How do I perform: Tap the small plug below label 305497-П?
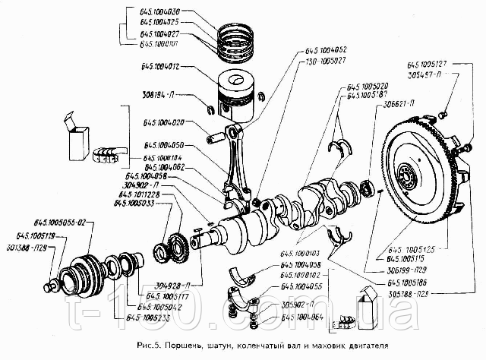[440, 115]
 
